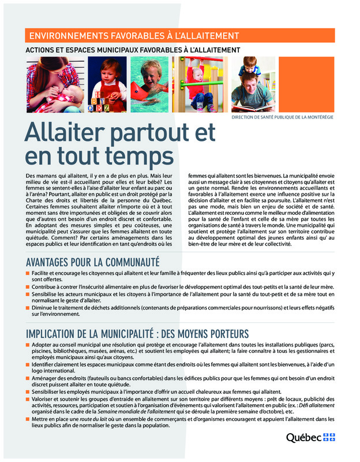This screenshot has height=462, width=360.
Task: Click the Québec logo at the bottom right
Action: (x=310, y=438)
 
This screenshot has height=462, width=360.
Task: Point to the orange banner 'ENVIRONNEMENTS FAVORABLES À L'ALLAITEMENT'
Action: (x=134, y=36)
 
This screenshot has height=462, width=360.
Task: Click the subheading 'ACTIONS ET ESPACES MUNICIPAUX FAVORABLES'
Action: (x=133, y=50)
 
